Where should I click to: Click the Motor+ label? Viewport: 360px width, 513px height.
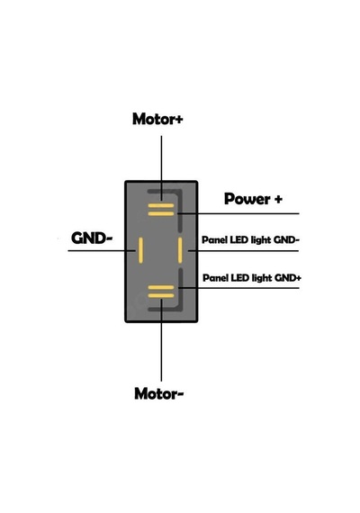(x=157, y=119)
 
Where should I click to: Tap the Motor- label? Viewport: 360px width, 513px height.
(x=158, y=393)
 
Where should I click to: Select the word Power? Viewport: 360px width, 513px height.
(x=247, y=199)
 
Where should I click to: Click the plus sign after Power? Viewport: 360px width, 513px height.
(x=278, y=199)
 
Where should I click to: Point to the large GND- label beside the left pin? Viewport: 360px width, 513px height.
(x=92, y=238)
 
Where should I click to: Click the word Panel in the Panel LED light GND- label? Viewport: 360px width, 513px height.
(x=214, y=239)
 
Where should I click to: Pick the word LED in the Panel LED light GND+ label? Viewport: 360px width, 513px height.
(x=240, y=278)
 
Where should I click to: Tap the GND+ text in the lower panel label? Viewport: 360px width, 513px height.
(x=288, y=278)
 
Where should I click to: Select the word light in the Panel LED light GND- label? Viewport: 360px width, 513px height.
(x=261, y=240)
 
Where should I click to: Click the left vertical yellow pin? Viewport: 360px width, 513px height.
(x=140, y=250)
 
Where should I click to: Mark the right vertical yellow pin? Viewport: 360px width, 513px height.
(x=180, y=250)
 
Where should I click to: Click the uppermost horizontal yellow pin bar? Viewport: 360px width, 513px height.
(x=161, y=206)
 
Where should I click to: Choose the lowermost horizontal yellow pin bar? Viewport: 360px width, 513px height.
(x=161, y=295)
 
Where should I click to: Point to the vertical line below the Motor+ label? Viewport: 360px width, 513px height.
(x=161, y=168)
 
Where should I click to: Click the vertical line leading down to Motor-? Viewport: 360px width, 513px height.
(x=161, y=340)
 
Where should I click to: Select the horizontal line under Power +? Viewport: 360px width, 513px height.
(x=238, y=213)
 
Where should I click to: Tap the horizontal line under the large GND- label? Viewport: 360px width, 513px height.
(x=102, y=251)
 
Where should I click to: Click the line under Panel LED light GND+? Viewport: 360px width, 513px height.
(x=238, y=288)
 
